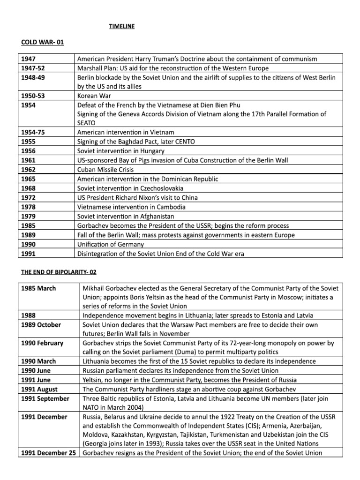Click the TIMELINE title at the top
click(121, 27)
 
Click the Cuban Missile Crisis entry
click(105, 169)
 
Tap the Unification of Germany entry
click(110, 244)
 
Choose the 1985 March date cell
click(38, 288)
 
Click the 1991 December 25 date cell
click(48, 453)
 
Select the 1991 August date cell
click(40, 389)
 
